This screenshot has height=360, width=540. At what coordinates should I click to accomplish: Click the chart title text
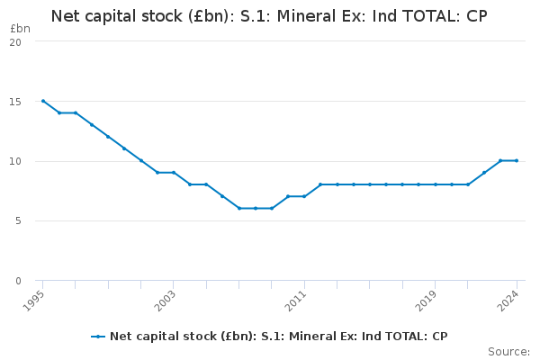[269, 16]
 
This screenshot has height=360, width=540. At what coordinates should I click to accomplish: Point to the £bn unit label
[21, 29]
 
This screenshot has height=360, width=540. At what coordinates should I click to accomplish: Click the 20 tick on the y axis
[15, 42]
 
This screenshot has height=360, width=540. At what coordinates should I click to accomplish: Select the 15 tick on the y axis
[15, 102]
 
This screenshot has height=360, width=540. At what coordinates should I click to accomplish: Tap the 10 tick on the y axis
[15, 161]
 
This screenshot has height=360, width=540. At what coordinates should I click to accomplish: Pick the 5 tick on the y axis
[18, 220]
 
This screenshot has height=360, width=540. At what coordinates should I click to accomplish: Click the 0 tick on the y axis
[18, 281]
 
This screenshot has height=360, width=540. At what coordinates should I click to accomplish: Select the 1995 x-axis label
[33, 301]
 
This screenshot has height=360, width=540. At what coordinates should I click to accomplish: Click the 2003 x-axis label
[165, 301]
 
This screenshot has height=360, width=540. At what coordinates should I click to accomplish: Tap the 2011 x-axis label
[295, 301]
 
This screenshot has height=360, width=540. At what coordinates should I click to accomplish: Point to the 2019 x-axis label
[426, 301]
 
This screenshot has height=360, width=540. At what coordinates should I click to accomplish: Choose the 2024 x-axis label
[508, 301]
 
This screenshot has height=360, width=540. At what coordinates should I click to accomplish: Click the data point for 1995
[43, 101]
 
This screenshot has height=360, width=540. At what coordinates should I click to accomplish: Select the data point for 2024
[517, 160]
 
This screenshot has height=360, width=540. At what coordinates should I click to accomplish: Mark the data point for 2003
[174, 173]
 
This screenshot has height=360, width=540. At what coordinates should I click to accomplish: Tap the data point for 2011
[304, 196]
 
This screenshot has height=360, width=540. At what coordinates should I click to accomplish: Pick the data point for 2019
[436, 184]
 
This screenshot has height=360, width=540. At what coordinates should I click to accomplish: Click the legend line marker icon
[98, 337]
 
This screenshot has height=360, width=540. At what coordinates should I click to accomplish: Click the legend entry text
[279, 337]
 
